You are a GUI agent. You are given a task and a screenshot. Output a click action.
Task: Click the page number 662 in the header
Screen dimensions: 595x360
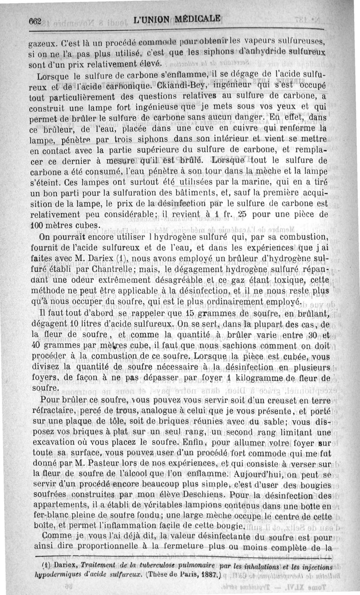click(35, 20)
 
